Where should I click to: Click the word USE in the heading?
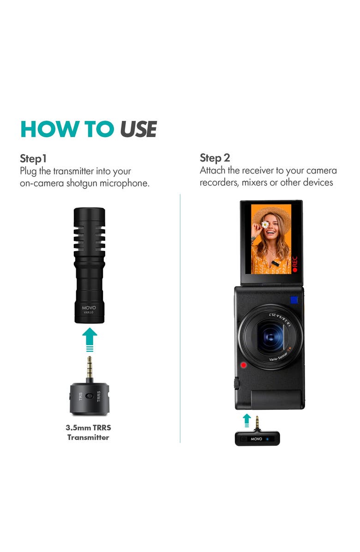(x=138, y=129)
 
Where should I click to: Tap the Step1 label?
(x=33, y=159)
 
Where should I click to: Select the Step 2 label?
(x=215, y=157)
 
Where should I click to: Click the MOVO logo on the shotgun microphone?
(x=89, y=307)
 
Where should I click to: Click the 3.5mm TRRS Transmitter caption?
(x=88, y=432)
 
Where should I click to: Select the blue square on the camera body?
(x=294, y=300)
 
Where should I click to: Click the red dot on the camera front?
(x=243, y=366)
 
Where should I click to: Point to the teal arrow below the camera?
(x=247, y=419)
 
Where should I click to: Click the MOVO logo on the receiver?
(x=256, y=438)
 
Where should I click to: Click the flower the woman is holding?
(x=265, y=225)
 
